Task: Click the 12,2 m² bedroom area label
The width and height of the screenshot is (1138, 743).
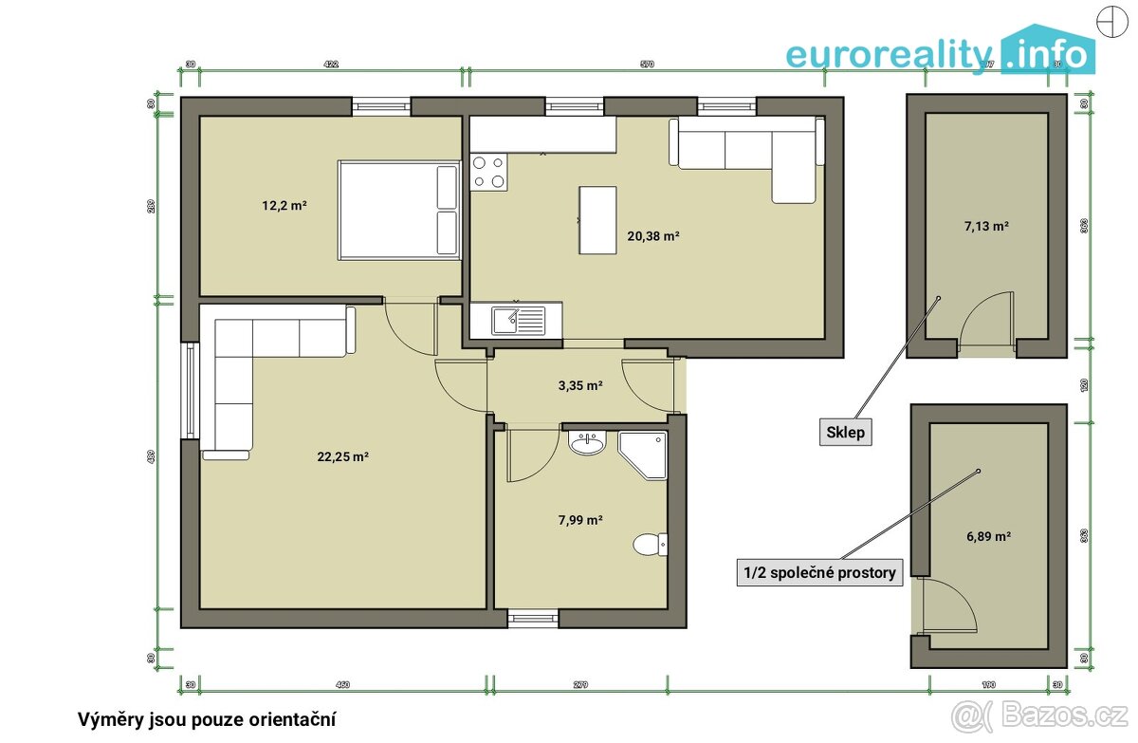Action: pos(284,205)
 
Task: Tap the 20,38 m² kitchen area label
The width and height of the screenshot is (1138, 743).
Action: pos(652,235)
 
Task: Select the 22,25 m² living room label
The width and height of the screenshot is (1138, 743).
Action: pos(342,455)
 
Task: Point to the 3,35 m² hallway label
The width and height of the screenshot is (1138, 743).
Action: pos(580,385)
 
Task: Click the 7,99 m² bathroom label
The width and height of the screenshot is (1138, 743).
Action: pos(580,519)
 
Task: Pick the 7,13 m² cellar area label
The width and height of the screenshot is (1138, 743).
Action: pos(986,226)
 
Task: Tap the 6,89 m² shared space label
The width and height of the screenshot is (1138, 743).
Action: pos(988,535)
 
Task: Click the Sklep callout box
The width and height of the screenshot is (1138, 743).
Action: pos(844,433)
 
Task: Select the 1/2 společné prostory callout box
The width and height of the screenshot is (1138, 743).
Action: pos(819,572)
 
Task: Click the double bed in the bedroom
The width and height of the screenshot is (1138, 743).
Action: pos(399,210)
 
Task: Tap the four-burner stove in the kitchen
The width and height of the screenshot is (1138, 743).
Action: pos(489,173)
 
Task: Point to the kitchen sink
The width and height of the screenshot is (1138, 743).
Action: pos(519,320)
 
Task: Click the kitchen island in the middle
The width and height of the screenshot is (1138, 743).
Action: pos(597,219)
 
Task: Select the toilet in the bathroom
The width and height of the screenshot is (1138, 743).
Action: pos(651,544)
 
